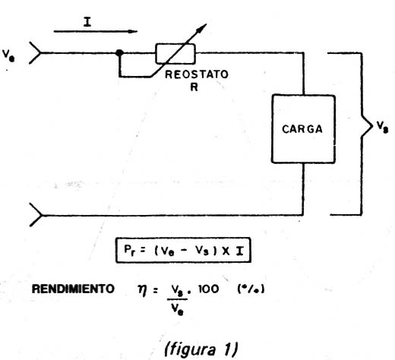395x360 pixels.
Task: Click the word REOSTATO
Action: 197,74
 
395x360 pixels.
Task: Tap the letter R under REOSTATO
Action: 194,87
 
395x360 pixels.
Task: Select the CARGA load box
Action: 303,129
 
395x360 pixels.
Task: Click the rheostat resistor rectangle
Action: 175,53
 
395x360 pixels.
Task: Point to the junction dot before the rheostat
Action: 119,52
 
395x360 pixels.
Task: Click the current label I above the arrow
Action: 87,22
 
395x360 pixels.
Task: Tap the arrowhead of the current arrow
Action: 133,31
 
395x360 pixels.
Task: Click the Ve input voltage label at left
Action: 8,55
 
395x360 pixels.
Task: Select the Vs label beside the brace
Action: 382,127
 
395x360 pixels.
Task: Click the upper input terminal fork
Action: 36,52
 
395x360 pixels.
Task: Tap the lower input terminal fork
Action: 36,215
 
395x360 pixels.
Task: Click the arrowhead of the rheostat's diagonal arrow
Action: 201,28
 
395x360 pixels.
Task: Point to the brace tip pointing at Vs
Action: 372,126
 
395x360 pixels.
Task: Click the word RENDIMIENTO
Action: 73,289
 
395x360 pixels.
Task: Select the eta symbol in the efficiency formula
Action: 143,290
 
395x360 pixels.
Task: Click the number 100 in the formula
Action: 208,289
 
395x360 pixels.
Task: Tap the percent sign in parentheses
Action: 251,289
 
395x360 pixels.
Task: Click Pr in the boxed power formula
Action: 129,251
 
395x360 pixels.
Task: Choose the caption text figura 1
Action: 201,349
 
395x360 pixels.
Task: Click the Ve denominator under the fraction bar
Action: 177,309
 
